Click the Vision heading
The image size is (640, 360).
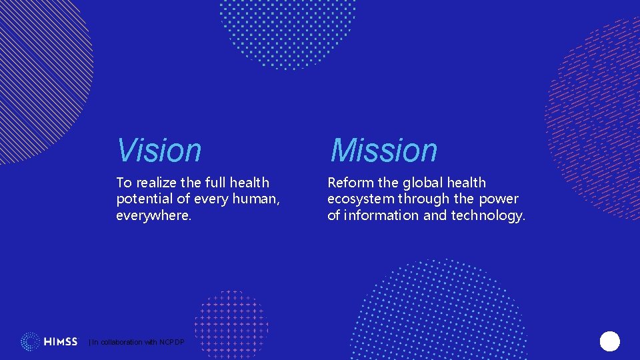[x=159, y=150]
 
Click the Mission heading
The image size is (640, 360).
[x=383, y=150]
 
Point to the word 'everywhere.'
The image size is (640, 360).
[x=154, y=215]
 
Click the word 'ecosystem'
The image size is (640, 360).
[x=359, y=199]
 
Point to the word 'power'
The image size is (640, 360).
[x=499, y=199]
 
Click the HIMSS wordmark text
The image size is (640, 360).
[x=61, y=342]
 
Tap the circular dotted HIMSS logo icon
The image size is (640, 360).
[x=30, y=342]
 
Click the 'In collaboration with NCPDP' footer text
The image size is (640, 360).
[x=137, y=342]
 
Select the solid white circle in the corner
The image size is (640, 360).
[x=609, y=341]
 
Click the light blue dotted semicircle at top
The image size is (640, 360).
[x=288, y=30]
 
